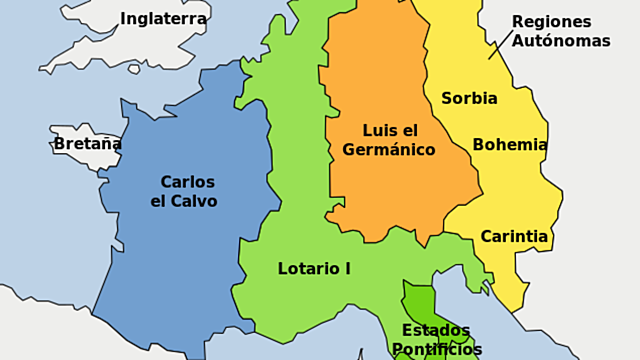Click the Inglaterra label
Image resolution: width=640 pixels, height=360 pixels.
tap(164, 19)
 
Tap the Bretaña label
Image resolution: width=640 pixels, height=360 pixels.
tap(88, 144)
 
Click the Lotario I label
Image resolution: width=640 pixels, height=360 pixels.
tap(314, 268)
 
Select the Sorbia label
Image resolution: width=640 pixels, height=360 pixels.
tap(469, 98)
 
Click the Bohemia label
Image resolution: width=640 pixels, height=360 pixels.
tap(510, 144)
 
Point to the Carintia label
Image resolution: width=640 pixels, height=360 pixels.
tap(514, 237)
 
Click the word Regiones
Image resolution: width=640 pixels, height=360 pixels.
tap(551, 21)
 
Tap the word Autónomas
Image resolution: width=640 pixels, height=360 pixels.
tap(561, 40)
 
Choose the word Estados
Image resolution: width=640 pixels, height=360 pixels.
tap(436, 330)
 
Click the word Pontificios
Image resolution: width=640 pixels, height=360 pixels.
tap(437, 350)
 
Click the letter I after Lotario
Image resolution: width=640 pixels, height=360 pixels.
tap(347, 268)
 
